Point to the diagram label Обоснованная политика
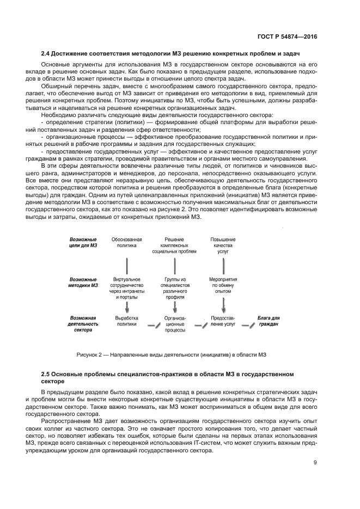coord(127,242)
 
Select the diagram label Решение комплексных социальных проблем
coord(174,246)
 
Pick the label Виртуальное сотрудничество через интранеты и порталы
coord(127,288)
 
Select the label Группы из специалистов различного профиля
coord(174,288)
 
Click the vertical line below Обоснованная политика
coord(127,266)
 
